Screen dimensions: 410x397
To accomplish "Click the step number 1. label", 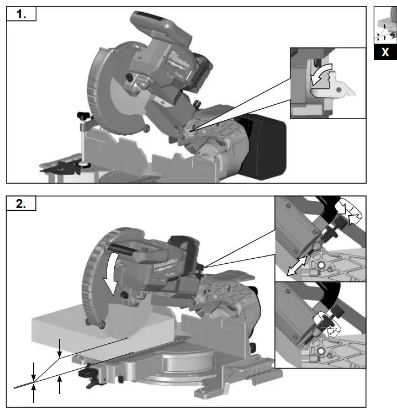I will coord(22,15).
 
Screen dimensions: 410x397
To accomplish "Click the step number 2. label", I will coord(22,203).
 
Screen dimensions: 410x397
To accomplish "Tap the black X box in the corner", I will coord(385,52).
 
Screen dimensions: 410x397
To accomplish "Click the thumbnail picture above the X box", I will coord(385,25).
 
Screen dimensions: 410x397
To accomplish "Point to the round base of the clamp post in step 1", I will coord(84,164).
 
